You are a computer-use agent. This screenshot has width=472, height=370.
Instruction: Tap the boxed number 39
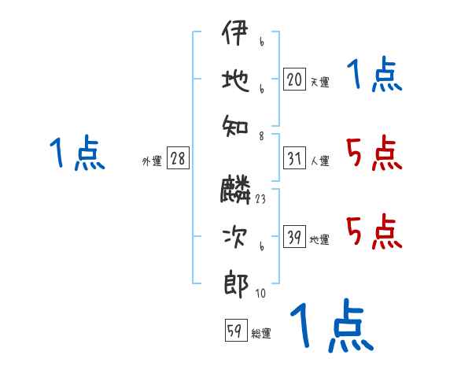pos(293,238)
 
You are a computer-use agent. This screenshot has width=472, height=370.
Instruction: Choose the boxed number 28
pos(178,158)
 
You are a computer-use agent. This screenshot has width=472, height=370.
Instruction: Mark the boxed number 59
pos(234,331)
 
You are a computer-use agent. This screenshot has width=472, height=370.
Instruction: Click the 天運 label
pos(319,82)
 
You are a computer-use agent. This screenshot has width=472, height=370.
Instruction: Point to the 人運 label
pos(319,161)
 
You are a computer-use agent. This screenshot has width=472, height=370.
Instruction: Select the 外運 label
pos(152,161)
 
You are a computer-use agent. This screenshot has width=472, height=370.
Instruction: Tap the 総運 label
pos(261,334)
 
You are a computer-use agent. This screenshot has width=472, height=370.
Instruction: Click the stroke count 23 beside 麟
pos(260,199)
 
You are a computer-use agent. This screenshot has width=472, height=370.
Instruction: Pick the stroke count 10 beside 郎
pos(260,294)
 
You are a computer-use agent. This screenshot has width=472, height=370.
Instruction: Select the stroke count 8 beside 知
pos(260,135)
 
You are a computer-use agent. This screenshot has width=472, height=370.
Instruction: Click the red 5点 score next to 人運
pos(374,154)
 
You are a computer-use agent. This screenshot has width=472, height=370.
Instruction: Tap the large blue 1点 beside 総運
pos(331,325)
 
